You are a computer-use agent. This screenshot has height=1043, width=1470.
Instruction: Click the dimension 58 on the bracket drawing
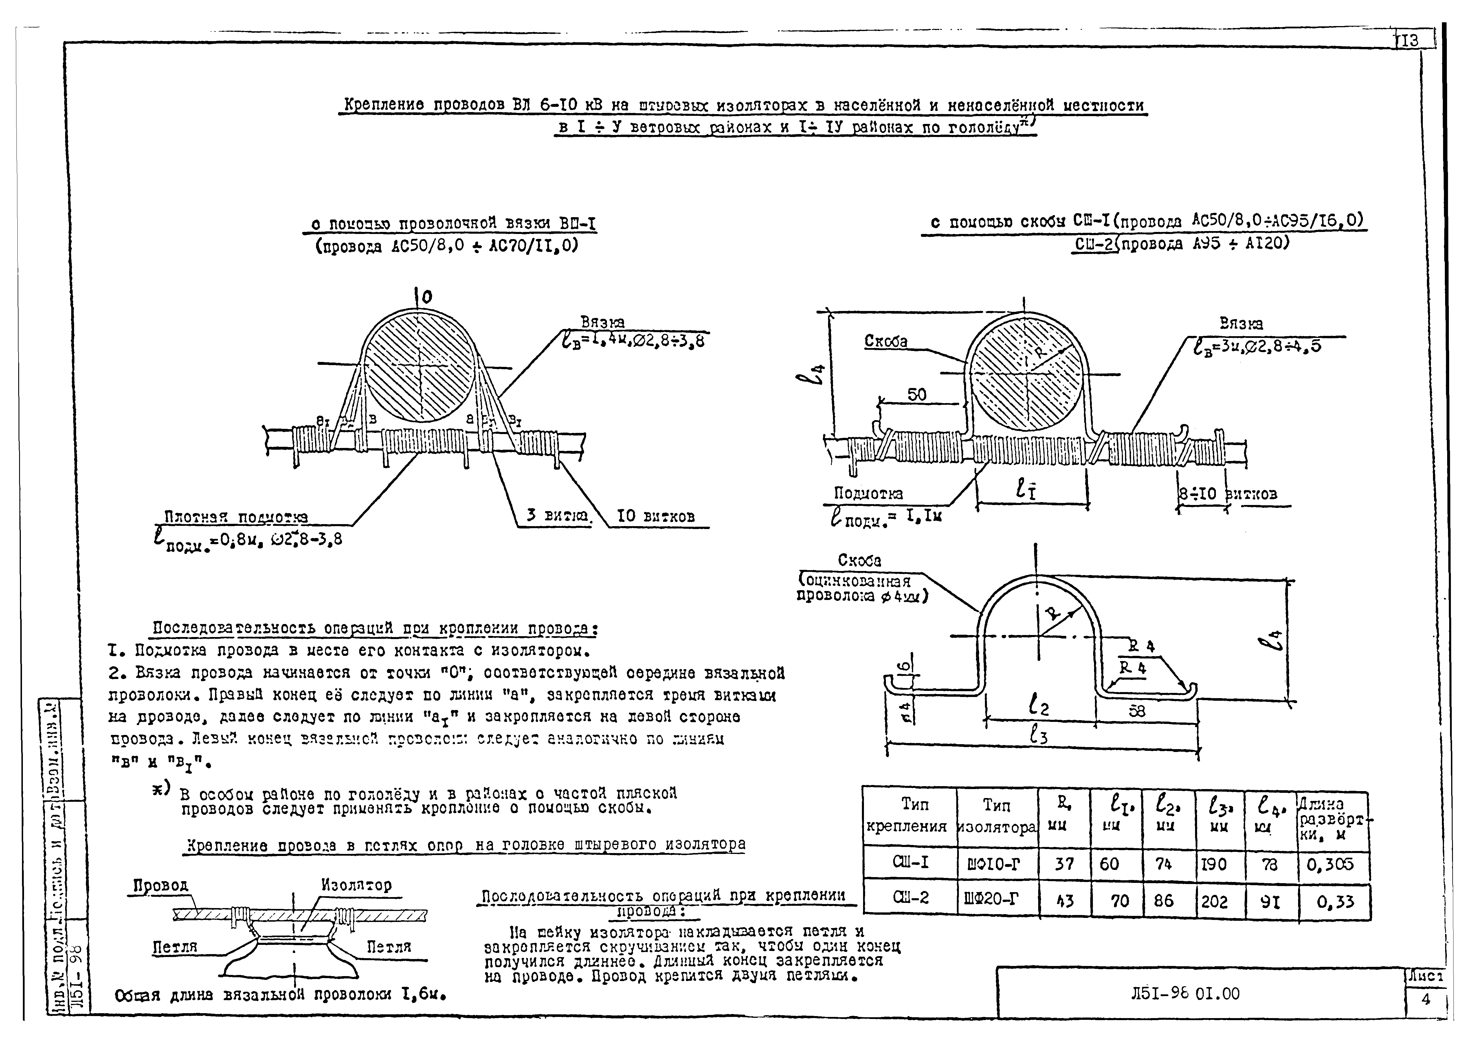[x=1136, y=711]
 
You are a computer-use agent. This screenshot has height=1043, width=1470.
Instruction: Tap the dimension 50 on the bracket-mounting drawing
[x=917, y=394]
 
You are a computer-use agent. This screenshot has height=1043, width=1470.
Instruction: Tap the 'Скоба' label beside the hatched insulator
[x=886, y=341]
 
